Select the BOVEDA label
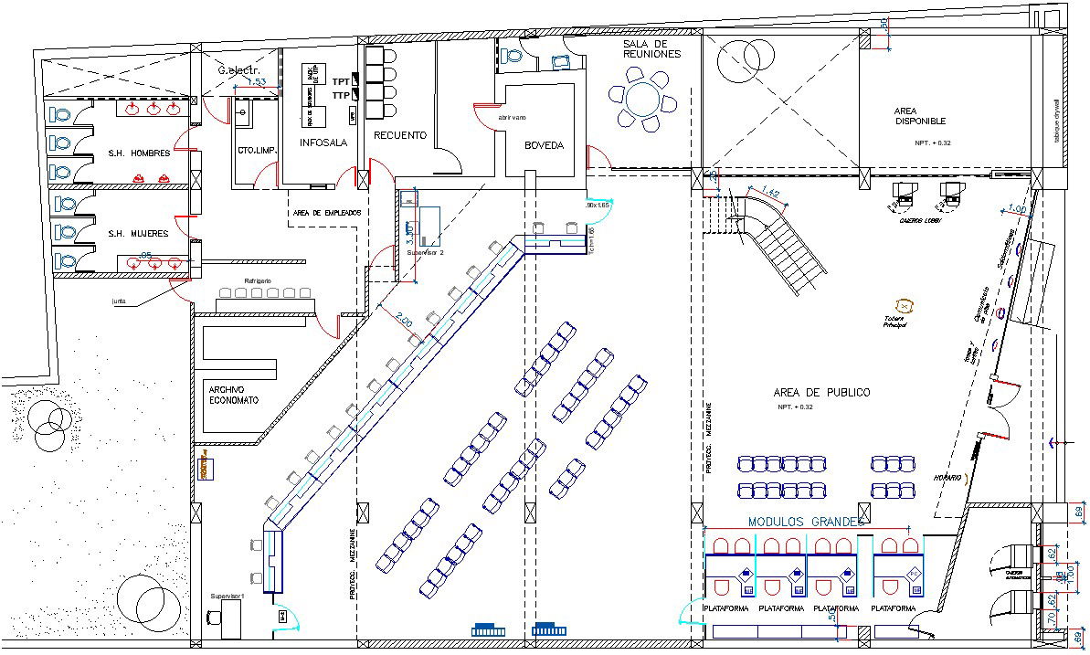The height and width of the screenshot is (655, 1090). tap(544, 145)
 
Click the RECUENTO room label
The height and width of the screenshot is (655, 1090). tap(400, 135)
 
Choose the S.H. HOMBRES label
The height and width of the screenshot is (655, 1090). tap(139, 153)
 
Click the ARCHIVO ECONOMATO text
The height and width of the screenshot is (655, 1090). tap(234, 395)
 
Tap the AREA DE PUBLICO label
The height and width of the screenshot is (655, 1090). tap(821, 392)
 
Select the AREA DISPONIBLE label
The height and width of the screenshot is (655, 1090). tap(920, 116)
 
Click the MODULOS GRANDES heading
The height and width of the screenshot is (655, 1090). tap(805, 521)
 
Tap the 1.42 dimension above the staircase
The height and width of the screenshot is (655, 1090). tap(770, 193)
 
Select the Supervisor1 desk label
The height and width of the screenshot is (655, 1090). tap(229, 597)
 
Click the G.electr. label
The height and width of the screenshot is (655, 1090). tap(238, 70)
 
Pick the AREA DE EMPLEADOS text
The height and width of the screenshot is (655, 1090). tap(327, 213)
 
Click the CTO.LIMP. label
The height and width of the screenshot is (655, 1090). tap(257, 151)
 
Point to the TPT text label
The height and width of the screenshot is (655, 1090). tap(341, 82)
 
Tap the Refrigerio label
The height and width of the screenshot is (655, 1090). tap(259, 280)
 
